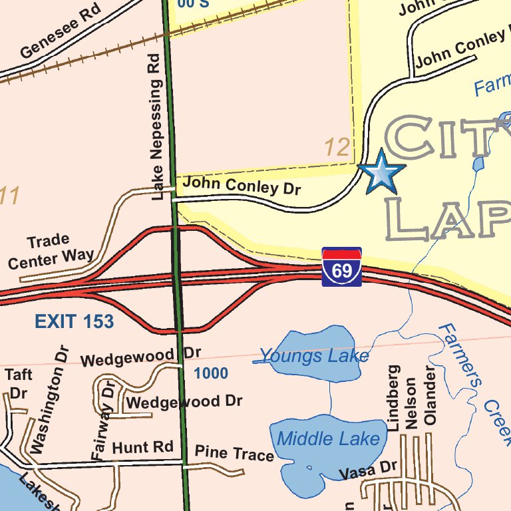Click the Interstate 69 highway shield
(341, 267)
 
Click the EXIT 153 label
(74, 322)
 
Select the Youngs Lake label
(313, 356)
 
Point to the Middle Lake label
(328, 438)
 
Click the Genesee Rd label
(60, 31)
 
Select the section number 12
(337, 148)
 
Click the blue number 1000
(211, 373)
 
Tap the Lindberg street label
(394, 398)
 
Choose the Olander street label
(430, 395)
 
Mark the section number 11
(9, 196)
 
